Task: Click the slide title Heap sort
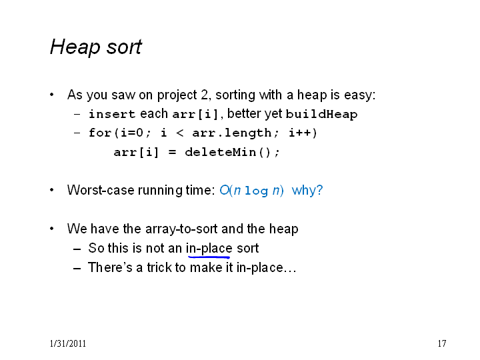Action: click(x=96, y=47)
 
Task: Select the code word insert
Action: click(x=112, y=114)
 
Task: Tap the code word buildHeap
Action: click(x=321, y=114)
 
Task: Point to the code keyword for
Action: click(x=100, y=133)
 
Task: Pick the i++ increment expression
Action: click(x=303, y=133)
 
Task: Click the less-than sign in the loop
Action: click(x=180, y=133)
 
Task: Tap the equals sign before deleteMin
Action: click(x=172, y=152)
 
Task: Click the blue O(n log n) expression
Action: click(x=251, y=191)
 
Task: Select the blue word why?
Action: click(x=307, y=191)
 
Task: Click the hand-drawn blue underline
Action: click(x=209, y=257)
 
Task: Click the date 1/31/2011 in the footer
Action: click(x=67, y=343)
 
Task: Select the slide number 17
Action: click(x=442, y=343)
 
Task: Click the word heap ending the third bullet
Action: click(x=283, y=229)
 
